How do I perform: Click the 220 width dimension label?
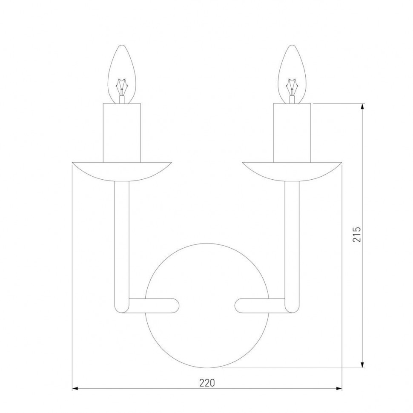(x=206, y=382)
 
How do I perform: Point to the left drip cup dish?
(x=122, y=170)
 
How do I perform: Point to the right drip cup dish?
(x=292, y=170)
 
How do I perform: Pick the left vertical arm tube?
(x=122, y=238)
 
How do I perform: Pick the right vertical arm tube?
(x=292, y=238)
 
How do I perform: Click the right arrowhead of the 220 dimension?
(x=339, y=389)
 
